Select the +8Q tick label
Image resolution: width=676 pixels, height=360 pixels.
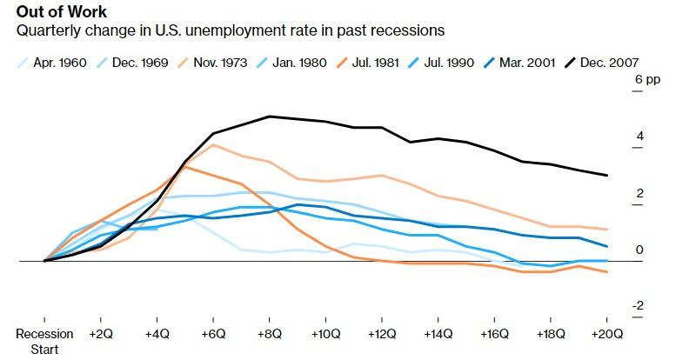pyautogui.click(x=270, y=334)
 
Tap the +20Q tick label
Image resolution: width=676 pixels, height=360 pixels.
pyautogui.click(x=606, y=334)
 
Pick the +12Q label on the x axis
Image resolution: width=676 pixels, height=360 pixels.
pyautogui.click(x=382, y=334)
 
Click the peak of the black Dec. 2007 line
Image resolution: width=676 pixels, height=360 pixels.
pyautogui.click(x=270, y=116)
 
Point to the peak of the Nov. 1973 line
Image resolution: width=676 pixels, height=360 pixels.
pyautogui.click(x=214, y=144)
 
